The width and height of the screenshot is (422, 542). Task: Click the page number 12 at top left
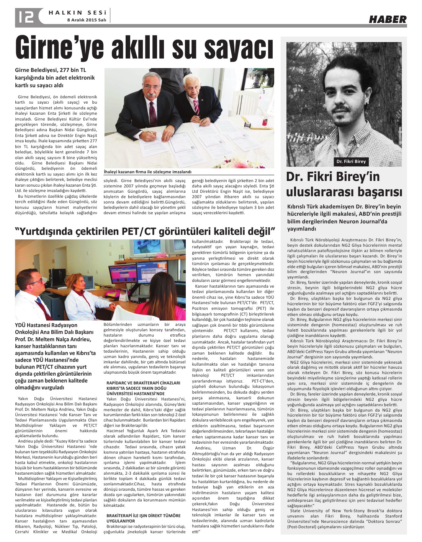coord(25,17)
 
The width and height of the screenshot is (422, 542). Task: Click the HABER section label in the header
coord(388,19)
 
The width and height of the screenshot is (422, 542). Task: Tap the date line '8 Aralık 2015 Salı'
coord(87,20)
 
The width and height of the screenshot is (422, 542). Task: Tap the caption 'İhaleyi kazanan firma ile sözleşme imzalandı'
coord(147,172)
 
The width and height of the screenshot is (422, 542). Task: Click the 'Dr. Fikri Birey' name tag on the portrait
coord(351,161)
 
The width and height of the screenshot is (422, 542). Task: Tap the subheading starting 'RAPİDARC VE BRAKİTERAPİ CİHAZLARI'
coord(143,388)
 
